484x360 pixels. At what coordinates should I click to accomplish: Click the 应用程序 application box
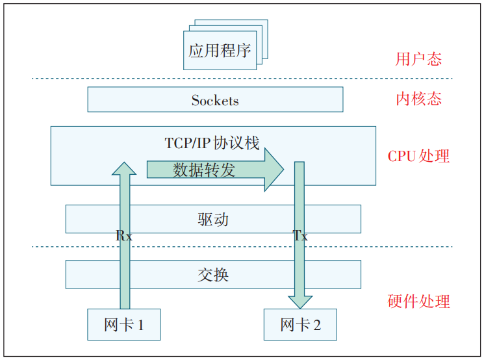(220, 51)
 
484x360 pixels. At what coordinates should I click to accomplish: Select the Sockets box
(215, 100)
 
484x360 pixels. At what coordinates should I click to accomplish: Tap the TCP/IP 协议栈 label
(212, 142)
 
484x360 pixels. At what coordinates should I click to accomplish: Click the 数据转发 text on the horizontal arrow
(204, 170)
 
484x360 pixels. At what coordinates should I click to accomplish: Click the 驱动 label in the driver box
(212, 219)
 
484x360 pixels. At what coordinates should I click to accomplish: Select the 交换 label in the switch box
(212, 274)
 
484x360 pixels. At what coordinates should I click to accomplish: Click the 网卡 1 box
(123, 324)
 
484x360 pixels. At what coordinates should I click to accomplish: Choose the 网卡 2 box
(300, 324)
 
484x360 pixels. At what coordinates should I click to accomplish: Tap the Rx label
(123, 237)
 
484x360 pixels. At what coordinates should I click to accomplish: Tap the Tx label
(300, 237)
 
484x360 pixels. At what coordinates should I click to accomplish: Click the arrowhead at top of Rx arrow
(124, 168)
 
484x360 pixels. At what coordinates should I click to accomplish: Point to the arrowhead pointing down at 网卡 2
(300, 302)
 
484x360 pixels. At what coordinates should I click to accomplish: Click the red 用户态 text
(418, 59)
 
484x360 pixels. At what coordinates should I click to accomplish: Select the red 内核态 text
(418, 99)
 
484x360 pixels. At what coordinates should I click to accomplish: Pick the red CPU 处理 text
(418, 156)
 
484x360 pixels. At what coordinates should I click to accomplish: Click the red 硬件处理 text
(418, 302)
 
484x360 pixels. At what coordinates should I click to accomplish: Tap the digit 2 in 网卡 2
(316, 324)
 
